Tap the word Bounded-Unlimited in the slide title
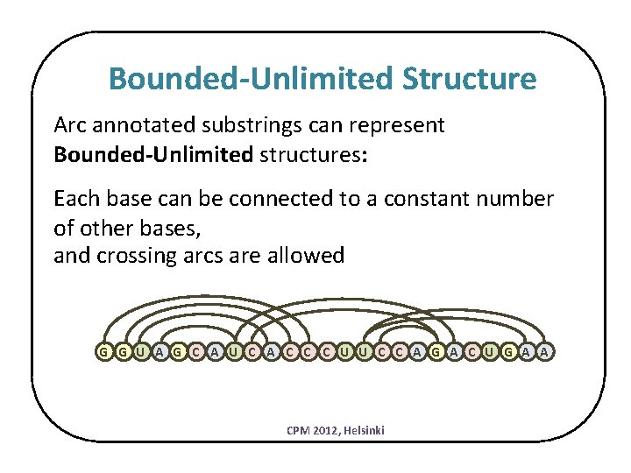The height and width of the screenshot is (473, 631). tap(252, 80)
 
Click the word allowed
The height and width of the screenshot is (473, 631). tap(308, 256)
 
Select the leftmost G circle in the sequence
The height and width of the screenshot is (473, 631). tap(104, 352)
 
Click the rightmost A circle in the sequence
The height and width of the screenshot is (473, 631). tap(545, 352)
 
